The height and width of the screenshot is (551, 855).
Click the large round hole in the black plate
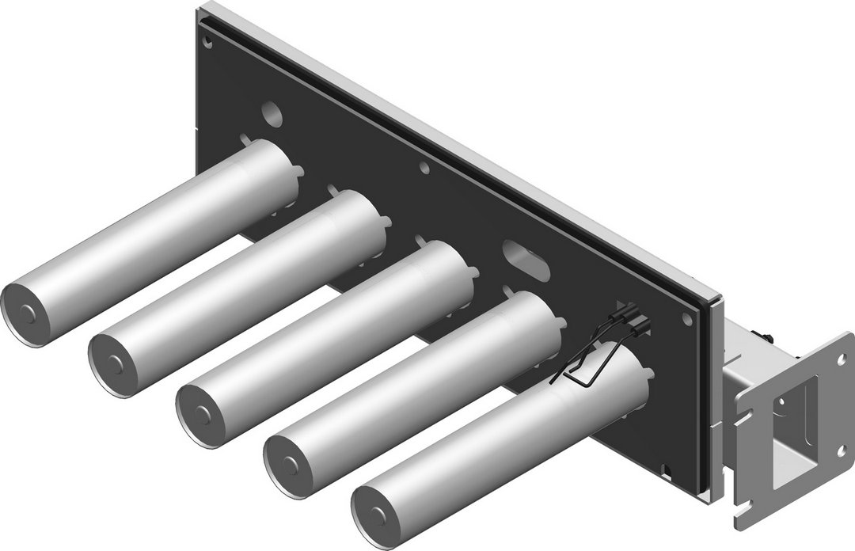tap(270, 113)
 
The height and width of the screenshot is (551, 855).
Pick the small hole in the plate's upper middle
tap(425, 167)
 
